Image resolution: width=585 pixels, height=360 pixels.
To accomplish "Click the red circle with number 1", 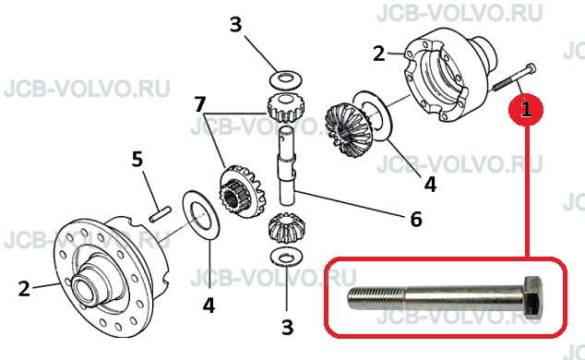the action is tap(526, 109).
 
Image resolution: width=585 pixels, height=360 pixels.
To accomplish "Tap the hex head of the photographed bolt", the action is tap(533, 296).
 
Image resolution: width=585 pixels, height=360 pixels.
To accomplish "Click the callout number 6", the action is tap(416, 219).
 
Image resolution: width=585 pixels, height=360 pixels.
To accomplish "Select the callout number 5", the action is tap(137, 159).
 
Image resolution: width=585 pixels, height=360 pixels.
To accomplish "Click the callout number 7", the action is tap(200, 104).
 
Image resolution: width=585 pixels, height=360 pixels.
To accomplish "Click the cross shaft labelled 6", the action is tap(287, 165).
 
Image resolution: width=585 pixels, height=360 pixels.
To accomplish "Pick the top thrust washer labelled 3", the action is tap(285, 79).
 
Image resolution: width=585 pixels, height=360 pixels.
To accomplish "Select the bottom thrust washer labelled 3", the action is tap(286, 258).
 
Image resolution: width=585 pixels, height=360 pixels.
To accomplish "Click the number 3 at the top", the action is tap(236, 24).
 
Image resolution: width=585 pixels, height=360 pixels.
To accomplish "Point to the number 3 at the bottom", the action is tap(287, 327).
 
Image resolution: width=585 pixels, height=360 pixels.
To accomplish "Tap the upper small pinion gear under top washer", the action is tap(285, 107).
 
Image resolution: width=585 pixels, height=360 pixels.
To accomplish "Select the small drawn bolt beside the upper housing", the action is tap(514, 78).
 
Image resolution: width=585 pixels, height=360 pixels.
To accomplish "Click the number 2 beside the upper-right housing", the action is tap(379, 54).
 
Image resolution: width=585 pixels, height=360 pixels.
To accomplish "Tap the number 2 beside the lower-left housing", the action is tap(24, 288).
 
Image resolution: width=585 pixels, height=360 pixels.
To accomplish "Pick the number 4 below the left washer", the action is tap(209, 305).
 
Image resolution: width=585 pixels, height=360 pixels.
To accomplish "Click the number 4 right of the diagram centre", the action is tap(430, 185).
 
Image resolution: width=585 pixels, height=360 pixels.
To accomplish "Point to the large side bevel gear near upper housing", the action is tap(347, 130).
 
